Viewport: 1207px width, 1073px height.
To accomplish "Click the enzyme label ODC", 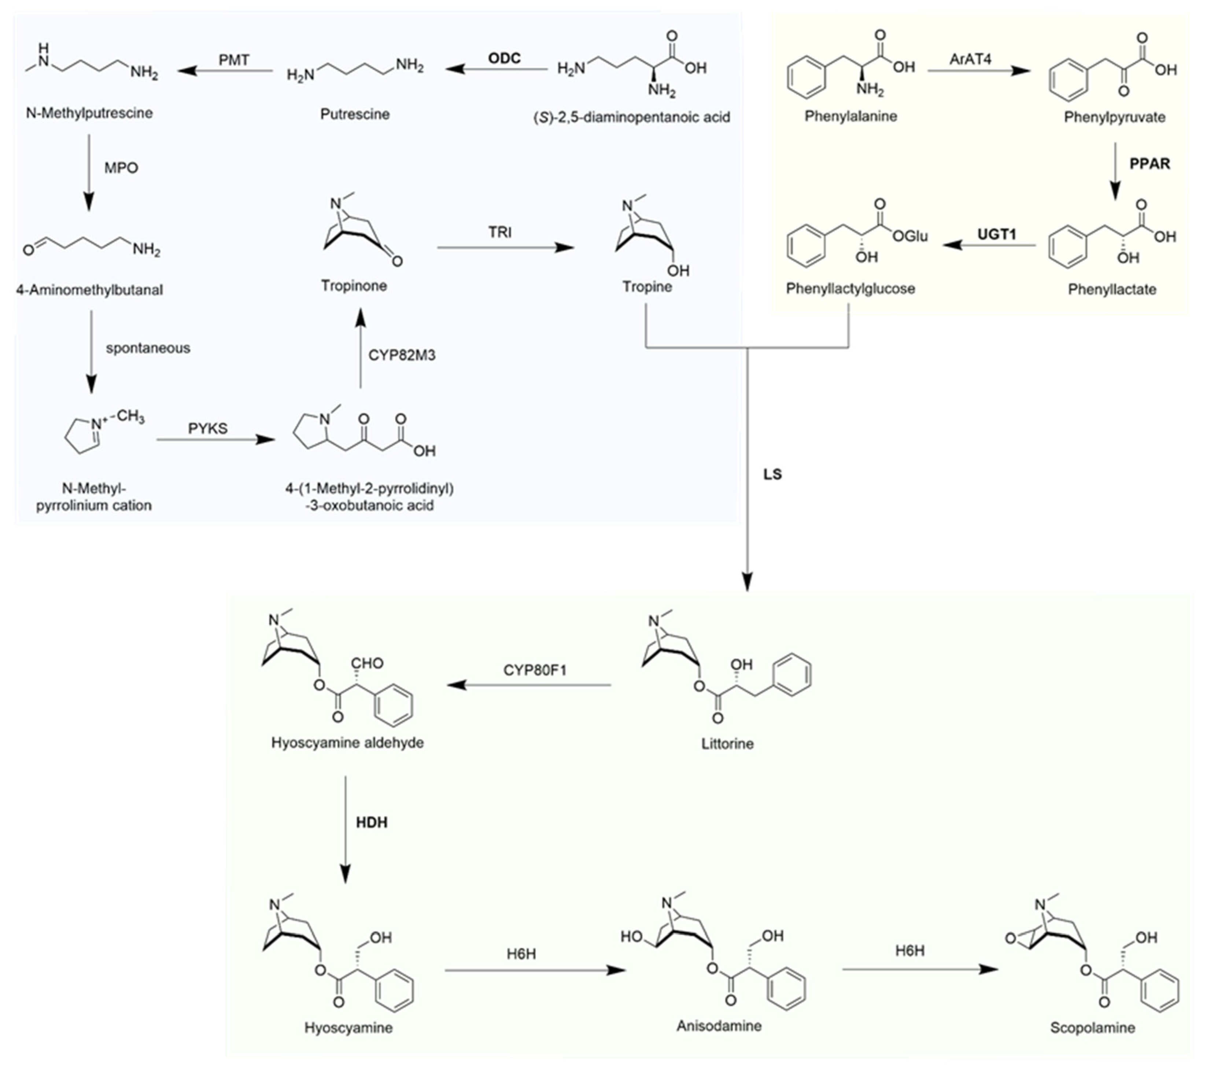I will (x=504, y=59).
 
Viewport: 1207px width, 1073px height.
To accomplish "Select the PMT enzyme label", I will (x=234, y=60).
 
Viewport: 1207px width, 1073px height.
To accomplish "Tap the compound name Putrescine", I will (x=355, y=114).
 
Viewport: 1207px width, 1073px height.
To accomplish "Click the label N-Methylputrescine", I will (x=89, y=113).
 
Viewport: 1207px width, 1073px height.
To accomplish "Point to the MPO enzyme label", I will (x=121, y=168).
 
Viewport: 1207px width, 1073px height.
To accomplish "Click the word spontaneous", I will (x=148, y=348).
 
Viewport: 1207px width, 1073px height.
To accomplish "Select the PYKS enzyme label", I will (x=207, y=428).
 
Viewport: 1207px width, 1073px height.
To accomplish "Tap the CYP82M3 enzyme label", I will (x=402, y=355).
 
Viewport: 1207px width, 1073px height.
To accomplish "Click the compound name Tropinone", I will (x=354, y=286).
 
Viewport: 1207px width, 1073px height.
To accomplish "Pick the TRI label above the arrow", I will (x=499, y=232).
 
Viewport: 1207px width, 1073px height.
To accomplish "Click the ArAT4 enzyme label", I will (x=970, y=59).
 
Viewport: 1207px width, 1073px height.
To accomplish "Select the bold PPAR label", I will (x=1149, y=164).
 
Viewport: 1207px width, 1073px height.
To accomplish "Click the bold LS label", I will (x=772, y=474).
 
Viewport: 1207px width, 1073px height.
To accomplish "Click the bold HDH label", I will (x=372, y=823).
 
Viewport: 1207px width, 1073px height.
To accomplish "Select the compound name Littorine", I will (x=727, y=743).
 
